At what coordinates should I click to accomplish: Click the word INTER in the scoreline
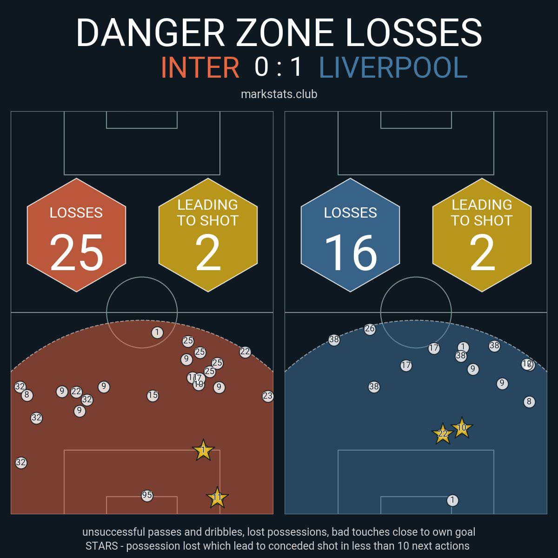[200, 67]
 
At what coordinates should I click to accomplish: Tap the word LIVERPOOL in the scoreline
[393, 67]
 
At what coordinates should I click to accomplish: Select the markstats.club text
[279, 94]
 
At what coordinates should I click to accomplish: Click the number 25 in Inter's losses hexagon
[76, 252]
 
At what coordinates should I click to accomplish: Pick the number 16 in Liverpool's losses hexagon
[351, 252]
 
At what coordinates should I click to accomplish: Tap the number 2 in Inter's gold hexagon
[208, 252]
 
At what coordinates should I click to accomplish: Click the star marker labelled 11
[217, 498]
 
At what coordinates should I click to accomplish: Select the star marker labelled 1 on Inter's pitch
[203, 450]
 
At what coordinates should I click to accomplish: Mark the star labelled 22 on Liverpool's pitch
[443, 434]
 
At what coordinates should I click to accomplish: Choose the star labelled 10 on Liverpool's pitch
[462, 428]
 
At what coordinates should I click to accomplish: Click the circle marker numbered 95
[147, 495]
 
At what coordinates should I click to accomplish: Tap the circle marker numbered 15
[153, 396]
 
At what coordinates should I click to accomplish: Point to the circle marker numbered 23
[267, 396]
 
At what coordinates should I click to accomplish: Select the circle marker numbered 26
[370, 329]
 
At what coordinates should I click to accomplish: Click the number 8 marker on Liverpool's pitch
[529, 402]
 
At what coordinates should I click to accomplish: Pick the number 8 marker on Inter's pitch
[27, 395]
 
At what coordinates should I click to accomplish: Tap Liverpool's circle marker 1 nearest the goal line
[452, 500]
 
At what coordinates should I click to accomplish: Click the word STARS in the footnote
[101, 545]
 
